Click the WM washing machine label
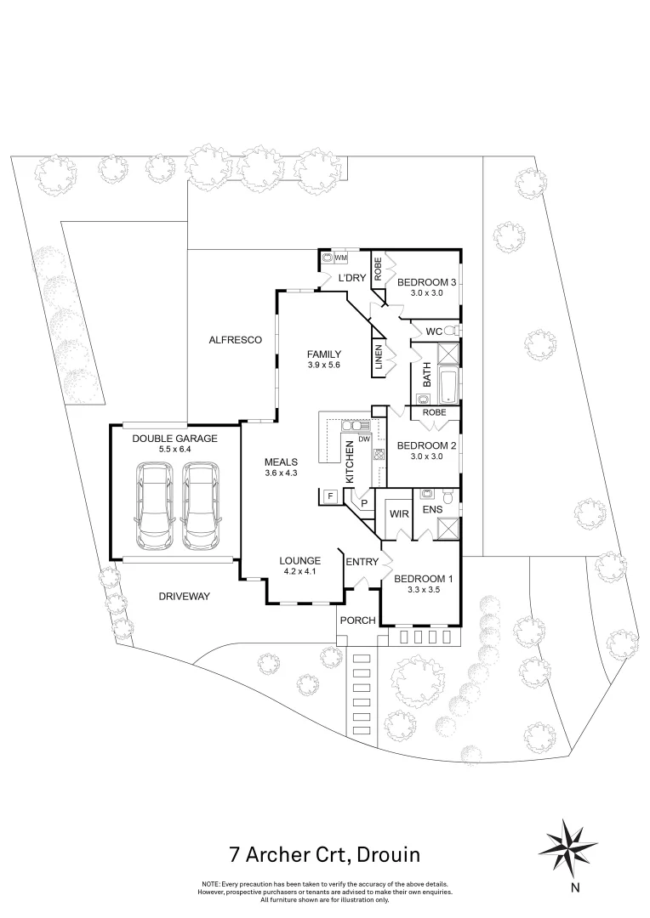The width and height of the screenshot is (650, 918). pyautogui.click(x=341, y=257)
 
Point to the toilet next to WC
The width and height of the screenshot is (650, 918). pyautogui.click(x=452, y=330)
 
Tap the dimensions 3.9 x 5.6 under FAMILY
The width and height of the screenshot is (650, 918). pyautogui.click(x=324, y=365)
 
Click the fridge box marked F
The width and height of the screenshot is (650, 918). pyautogui.click(x=328, y=496)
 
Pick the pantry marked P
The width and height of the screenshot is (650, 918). pyautogui.click(x=364, y=502)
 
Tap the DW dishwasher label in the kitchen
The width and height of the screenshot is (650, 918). pyautogui.click(x=363, y=439)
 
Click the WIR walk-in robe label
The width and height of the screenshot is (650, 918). pyautogui.click(x=397, y=514)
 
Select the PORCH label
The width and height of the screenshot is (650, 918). pyautogui.click(x=357, y=620)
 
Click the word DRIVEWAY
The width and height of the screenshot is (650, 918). pyautogui.click(x=184, y=596)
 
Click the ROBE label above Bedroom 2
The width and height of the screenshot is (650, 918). pyautogui.click(x=434, y=412)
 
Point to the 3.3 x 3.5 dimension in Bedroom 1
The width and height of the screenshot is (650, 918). pyautogui.click(x=422, y=589)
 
